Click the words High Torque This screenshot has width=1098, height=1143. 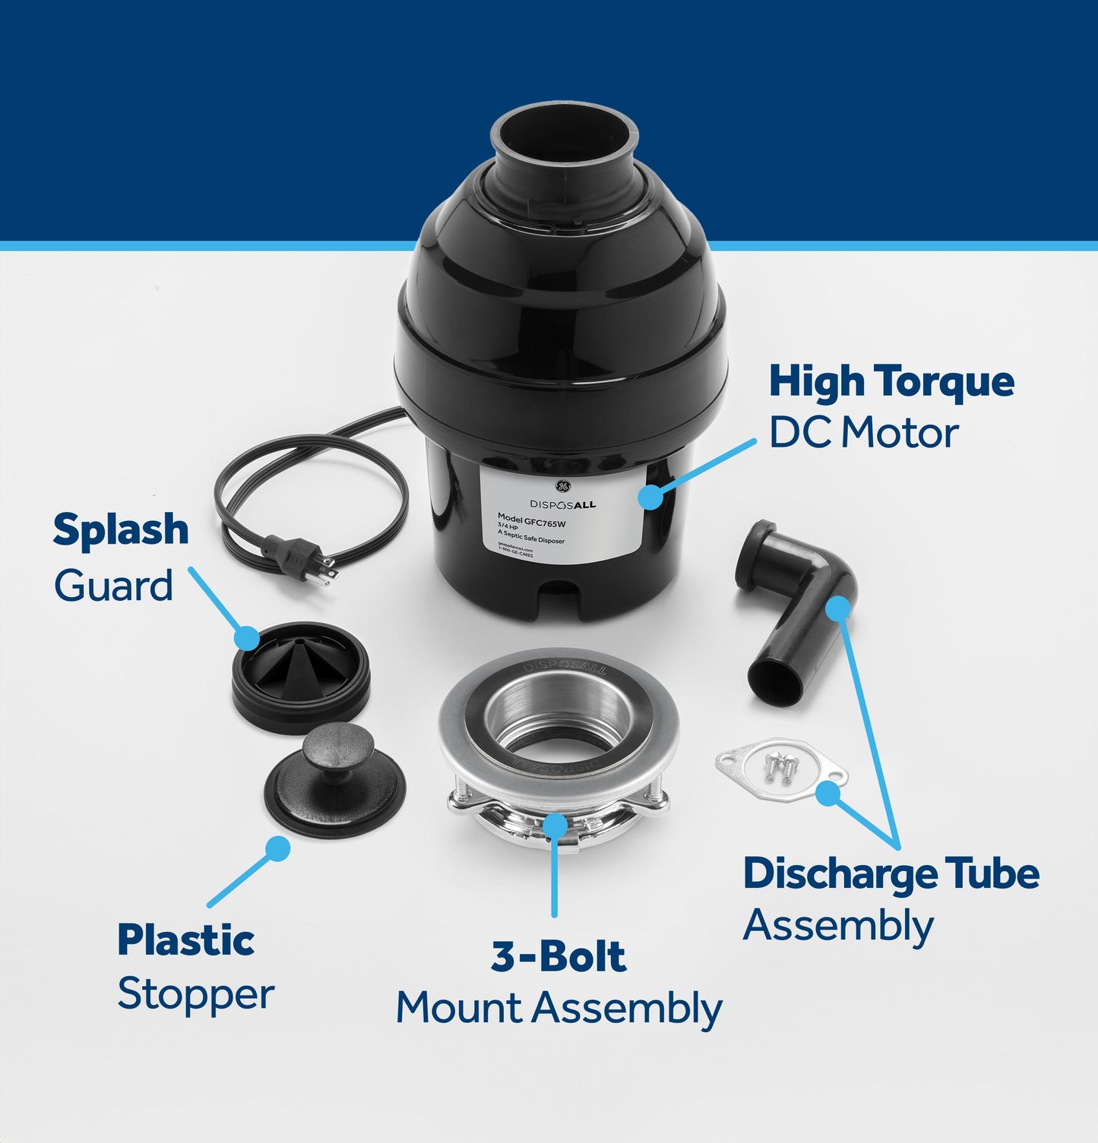click(891, 382)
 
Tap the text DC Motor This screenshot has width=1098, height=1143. click(863, 434)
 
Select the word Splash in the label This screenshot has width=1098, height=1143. click(121, 530)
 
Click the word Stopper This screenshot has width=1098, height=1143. click(195, 995)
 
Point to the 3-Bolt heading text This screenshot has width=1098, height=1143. click(558, 957)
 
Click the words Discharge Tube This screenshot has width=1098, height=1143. click(891, 874)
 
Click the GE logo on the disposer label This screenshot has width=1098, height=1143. click(562, 487)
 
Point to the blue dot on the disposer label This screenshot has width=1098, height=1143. click(650, 497)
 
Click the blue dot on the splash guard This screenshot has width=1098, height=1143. click(248, 637)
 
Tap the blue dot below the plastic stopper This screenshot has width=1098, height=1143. click(278, 848)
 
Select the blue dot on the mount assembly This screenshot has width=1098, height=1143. click(555, 823)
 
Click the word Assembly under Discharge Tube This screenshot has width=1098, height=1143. click(838, 927)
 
